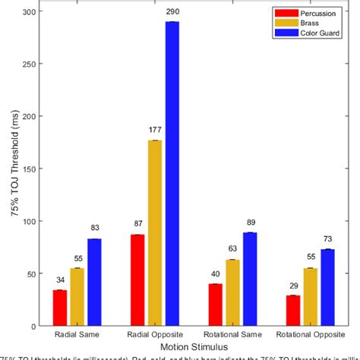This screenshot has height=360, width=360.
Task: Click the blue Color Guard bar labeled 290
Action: [172, 174]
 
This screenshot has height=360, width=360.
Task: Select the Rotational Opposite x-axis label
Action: [305, 335]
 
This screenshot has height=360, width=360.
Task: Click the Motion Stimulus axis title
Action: [190, 346]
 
